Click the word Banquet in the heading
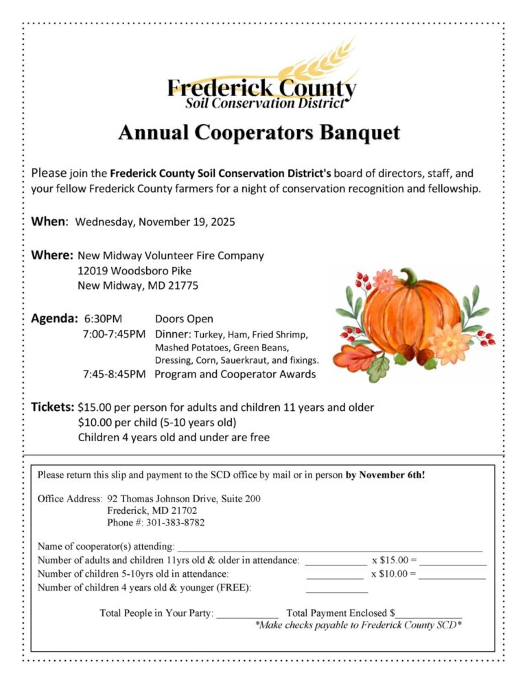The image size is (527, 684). [x=358, y=132]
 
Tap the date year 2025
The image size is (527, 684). [x=223, y=222]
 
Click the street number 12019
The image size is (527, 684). [x=93, y=270]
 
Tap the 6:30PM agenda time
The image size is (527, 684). [x=103, y=319]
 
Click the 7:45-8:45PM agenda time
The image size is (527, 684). [x=114, y=375]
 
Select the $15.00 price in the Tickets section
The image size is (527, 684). [x=94, y=408]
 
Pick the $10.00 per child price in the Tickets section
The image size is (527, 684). [x=94, y=422]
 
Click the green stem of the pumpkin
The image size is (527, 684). [x=410, y=277]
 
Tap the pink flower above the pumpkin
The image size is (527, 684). [x=385, y=280]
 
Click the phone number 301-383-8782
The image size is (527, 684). [x=175, y=523]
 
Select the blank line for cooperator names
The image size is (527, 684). [x=329, y=549]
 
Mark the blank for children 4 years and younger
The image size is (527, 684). [x=337, y=590]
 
